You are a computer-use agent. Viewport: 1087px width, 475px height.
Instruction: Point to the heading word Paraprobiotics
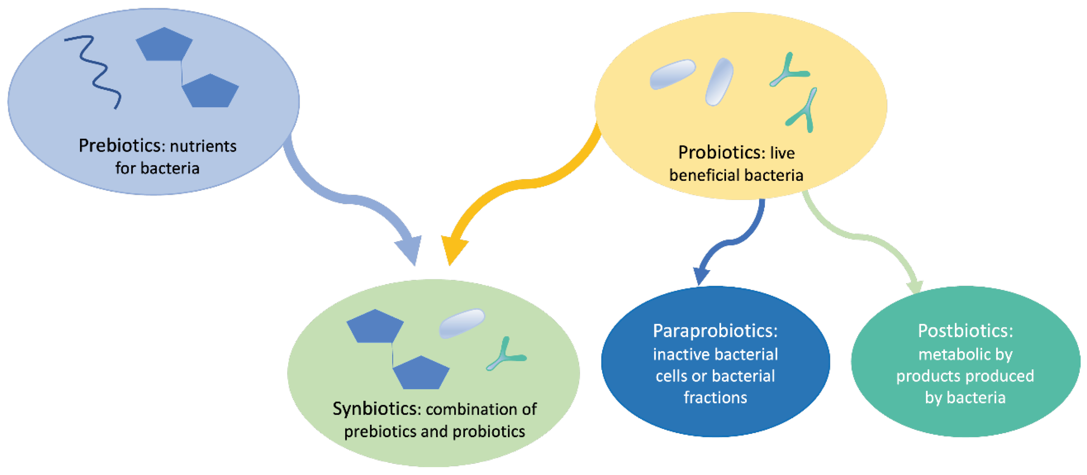[715, 331]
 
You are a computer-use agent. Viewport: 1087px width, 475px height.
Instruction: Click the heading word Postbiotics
[965, 331]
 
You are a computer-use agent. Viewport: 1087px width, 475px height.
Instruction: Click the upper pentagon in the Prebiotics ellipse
[164, 45]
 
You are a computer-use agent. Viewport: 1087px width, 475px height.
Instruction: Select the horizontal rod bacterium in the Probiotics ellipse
[672, 74]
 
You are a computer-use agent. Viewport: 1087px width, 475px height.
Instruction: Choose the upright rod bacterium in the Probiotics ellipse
[719, 82]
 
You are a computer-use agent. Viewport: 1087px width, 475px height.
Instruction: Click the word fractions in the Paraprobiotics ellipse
[715, 398]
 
